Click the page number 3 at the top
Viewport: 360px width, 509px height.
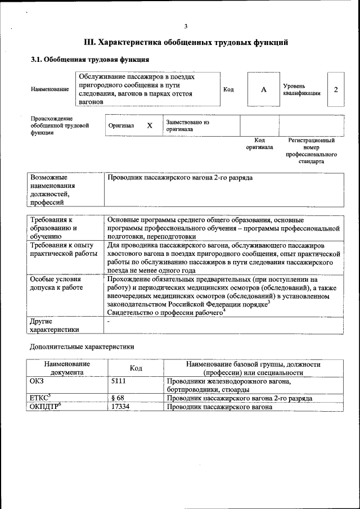click(185, 26)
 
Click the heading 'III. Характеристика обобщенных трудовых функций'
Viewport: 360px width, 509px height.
click(186, 42)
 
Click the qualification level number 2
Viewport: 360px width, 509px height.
click(336, 89)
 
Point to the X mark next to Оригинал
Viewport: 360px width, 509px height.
click(150, 125)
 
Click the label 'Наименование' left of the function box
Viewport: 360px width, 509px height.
click(50, 89)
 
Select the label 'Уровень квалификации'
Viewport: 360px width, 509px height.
click(302, 89)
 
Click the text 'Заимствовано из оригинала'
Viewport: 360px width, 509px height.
click(187, 125)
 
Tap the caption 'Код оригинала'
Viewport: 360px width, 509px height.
click(259, 143)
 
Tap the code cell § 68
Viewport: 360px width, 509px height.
click(118, 398)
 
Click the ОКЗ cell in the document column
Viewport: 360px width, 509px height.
click(37, 381)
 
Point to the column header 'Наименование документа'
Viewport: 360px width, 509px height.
click(66, 368)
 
